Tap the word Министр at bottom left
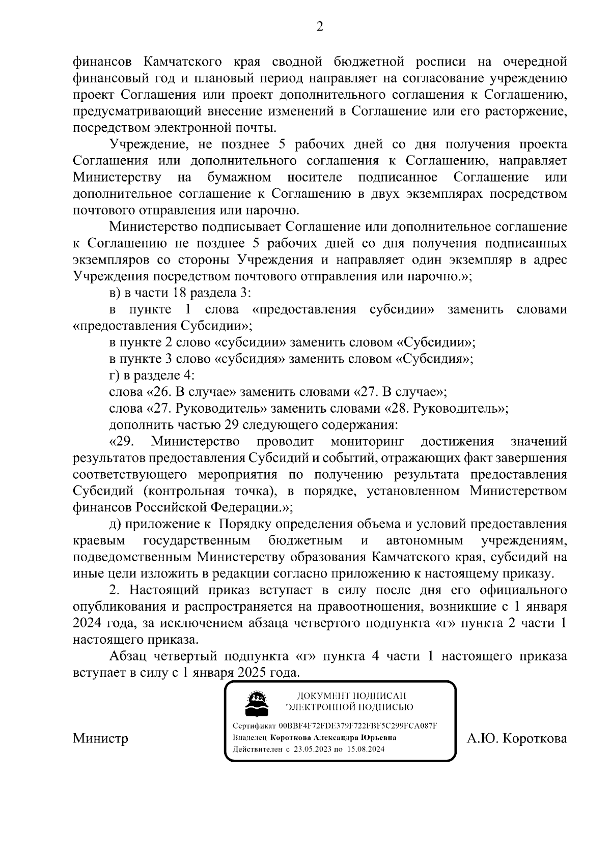tap(101, 738)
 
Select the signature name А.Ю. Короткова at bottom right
tap(517, 738)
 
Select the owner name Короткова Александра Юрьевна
tap(334, 737)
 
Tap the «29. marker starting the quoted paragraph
tap(122, 441)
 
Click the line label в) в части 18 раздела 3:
tap(181, 293)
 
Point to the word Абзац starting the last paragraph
tap(132, 656)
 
